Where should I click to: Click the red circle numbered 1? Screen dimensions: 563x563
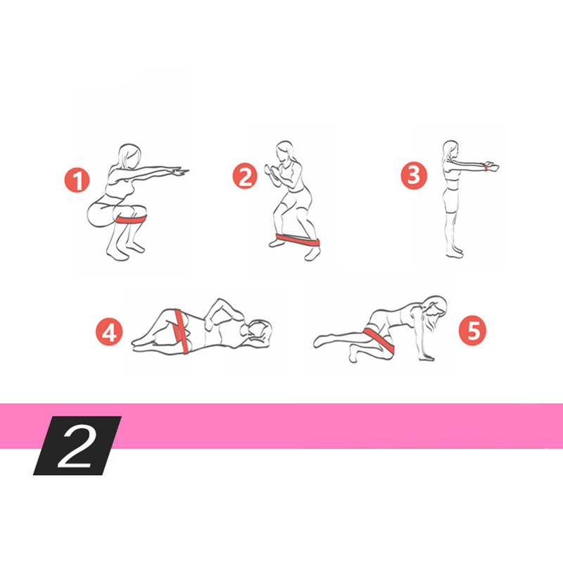click(77, 180)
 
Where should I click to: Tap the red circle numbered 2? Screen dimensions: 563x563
click(245, 175)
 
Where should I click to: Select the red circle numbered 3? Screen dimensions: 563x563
click(414, 175)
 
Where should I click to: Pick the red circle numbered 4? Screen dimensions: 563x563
click(109, 332)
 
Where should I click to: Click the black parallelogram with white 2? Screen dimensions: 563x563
click(77, 445)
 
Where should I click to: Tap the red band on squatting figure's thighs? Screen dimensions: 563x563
click(132, 219)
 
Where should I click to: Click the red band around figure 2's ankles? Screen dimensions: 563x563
click(298, 240)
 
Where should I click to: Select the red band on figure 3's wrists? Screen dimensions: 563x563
click(486, 167)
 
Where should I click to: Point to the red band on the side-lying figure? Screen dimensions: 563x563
click(182, 331)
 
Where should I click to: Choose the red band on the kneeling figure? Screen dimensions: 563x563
click(379, 339)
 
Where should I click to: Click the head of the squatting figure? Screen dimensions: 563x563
click(129, 156)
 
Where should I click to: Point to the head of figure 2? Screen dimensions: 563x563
click(286, 151)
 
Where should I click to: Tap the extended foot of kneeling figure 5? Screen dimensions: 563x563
click(322, 341)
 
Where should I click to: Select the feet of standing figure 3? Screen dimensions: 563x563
click(455, 253)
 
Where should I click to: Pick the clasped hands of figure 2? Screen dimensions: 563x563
click(271, 172)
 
